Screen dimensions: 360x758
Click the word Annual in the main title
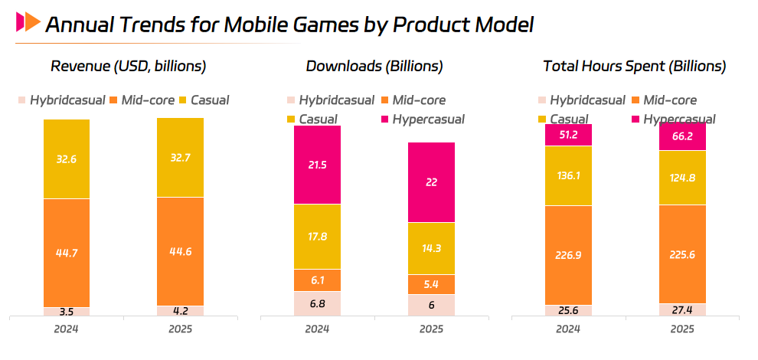click(x=80, y=25)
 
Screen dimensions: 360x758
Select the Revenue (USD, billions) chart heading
click(x=128, y=66)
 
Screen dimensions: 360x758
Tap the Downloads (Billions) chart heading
click(x=374, y=66)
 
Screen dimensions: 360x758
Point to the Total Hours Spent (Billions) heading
click(x=634, y=66)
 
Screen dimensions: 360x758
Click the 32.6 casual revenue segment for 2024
click(x=67, y=159)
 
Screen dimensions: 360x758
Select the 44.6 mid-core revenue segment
click(x=180, y=251)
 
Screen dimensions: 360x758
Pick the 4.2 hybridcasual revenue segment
click(x=180, y=311)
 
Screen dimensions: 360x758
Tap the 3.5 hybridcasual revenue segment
click(x=67, y=312)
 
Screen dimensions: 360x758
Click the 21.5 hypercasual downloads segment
click(x=317, y=165)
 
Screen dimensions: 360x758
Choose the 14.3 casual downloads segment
click(x=431, y=248)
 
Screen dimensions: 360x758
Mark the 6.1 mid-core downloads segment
click(x=317, y=280)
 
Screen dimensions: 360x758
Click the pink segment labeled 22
click(x=431, y=182)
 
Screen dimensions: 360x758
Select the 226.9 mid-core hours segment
click(x=568, y=255)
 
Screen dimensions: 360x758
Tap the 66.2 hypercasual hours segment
click(x=682, y=136)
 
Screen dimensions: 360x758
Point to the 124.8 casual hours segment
click(x=682, y=178)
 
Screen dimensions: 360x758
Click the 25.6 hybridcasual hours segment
click(x=568, y=310)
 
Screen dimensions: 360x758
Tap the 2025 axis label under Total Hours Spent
click(x=682, y=329)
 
